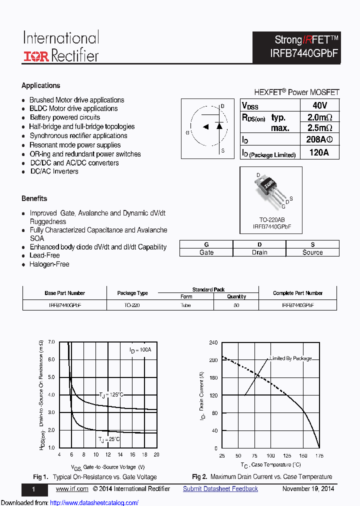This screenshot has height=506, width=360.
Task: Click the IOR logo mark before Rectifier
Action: (36, 56)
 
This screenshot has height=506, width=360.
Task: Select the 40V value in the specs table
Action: (319, 105)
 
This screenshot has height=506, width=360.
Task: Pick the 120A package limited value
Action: (319, 153)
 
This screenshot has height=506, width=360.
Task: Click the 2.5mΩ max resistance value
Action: (319, 128)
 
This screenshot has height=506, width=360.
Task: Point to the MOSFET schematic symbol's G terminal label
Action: (187, 133)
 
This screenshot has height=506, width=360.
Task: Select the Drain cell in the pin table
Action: (259, 252)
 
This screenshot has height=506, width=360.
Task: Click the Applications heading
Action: (41, 85)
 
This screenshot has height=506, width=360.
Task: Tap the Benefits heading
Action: (34, 198)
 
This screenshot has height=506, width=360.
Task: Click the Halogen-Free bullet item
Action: (49, 264)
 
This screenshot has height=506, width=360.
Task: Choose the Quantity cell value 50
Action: (236, 305)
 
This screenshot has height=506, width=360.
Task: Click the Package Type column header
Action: (132, 293)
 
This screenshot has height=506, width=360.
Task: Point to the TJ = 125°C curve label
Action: (111, 395)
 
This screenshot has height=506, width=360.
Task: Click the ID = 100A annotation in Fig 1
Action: (140, 350)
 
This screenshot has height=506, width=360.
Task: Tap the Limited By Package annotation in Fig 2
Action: (290, 358)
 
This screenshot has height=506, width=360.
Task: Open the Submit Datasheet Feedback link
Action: (220, 488)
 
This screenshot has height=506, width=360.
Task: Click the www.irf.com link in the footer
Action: (72, 488)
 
